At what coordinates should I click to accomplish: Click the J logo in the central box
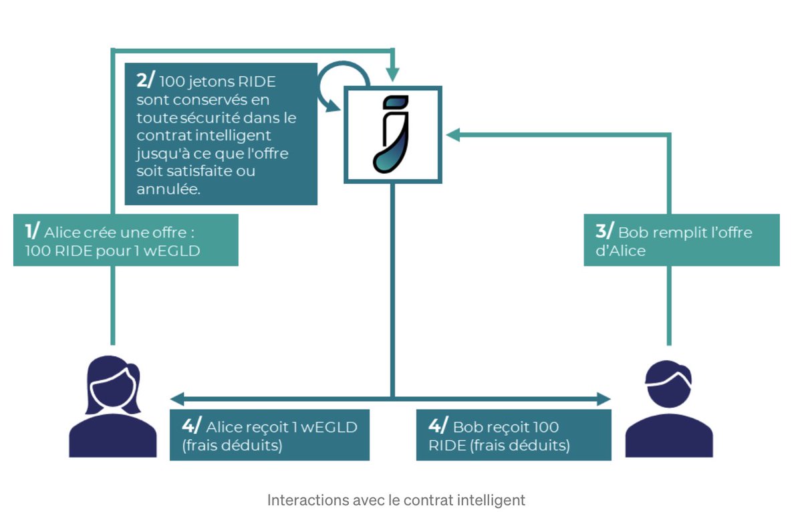[392, 134]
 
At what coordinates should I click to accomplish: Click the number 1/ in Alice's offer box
[32, 232]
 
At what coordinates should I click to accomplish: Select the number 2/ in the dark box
[145, 80]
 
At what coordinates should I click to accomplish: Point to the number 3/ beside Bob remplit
[604, 232]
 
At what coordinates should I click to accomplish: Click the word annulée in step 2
[168, 189]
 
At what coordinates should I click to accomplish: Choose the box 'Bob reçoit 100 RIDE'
[513, 435]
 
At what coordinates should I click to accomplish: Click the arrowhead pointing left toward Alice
[176, 399]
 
